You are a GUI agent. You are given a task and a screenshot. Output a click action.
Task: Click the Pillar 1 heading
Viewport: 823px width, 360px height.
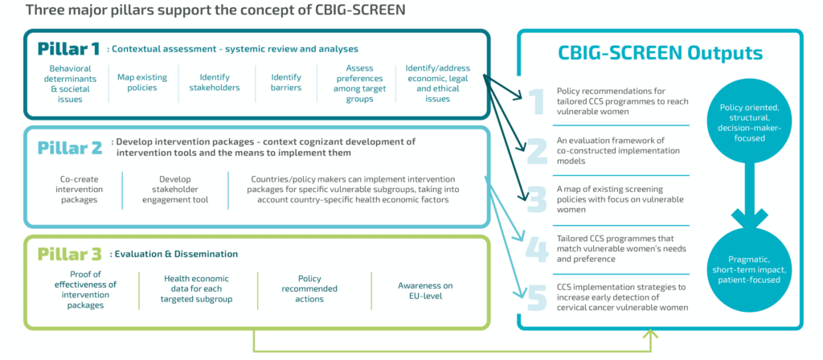coord(70,48)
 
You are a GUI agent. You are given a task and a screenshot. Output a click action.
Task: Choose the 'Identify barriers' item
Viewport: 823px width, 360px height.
coord(280,82)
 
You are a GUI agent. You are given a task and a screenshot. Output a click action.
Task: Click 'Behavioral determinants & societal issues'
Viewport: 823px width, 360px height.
coord(71,84)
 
